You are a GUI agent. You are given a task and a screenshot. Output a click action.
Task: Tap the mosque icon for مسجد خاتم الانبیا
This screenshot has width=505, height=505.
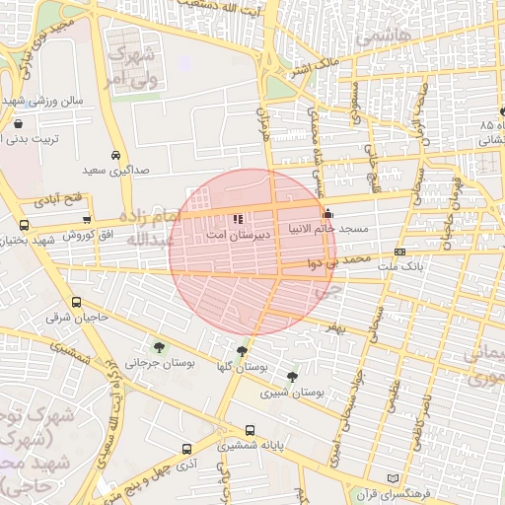click(327, 214)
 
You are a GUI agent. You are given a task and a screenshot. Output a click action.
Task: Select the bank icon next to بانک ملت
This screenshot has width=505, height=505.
click(399, 252)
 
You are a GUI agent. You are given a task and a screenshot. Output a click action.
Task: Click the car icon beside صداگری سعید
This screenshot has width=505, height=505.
click(116, 156)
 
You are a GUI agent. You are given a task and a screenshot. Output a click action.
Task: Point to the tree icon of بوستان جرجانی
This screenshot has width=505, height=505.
click(158, 346)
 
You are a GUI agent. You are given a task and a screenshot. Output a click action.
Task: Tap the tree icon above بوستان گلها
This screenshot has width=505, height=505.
click(242, 350)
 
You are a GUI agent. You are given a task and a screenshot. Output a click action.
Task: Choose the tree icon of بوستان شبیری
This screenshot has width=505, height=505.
click(291, 376)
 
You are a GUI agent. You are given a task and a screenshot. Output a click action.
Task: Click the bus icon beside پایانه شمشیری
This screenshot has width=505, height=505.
click(249, 430)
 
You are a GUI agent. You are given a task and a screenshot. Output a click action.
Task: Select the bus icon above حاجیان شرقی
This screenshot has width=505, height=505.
click(77, 302)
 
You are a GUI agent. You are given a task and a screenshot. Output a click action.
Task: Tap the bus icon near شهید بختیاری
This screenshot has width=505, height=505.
click(24, 225)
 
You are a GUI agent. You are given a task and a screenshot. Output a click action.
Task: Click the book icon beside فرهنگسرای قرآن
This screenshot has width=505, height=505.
click(394, 478)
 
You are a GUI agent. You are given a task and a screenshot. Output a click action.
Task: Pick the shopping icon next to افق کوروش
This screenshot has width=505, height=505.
click(87, 220)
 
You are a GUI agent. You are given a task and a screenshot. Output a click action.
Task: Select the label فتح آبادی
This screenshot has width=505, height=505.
click(60, 200)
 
